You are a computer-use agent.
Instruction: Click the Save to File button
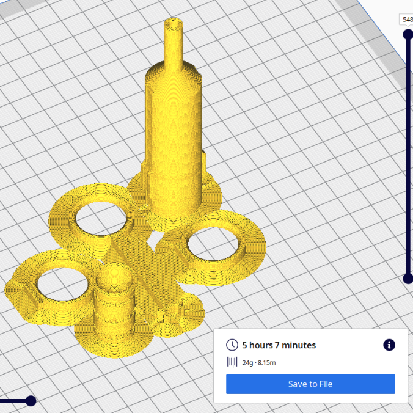click(x=310, y=384)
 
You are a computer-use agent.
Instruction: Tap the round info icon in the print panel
click(x=389, y=345)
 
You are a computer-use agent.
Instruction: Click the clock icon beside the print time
click(x=232, y=345)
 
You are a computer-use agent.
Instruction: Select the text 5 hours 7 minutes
click(x=279, y=345)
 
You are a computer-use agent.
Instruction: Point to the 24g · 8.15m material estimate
click(x=259, y=363)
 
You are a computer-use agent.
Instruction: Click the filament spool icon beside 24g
click(x=232, y=362)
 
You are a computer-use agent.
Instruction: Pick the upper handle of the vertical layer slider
click(x=408, y=34)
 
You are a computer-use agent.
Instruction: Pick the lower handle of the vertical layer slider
click(x=408, y=279)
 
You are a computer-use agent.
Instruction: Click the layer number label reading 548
click(x=407, y=20)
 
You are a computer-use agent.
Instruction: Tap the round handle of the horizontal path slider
click(x=31, y=401)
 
